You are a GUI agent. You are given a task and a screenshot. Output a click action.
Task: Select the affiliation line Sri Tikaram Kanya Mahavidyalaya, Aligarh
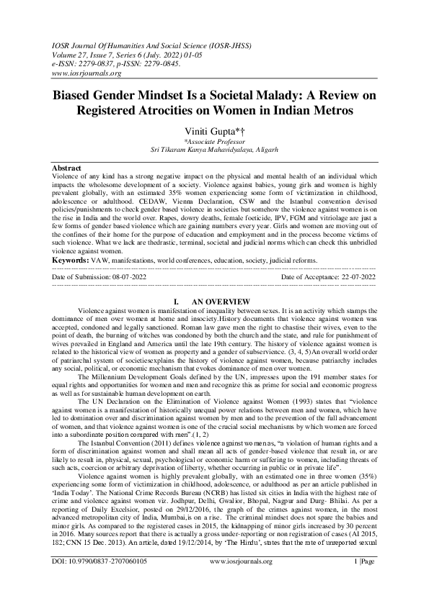[x=214, y=150]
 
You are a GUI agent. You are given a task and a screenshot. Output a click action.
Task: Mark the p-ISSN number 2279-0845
[x=159, y=63]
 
